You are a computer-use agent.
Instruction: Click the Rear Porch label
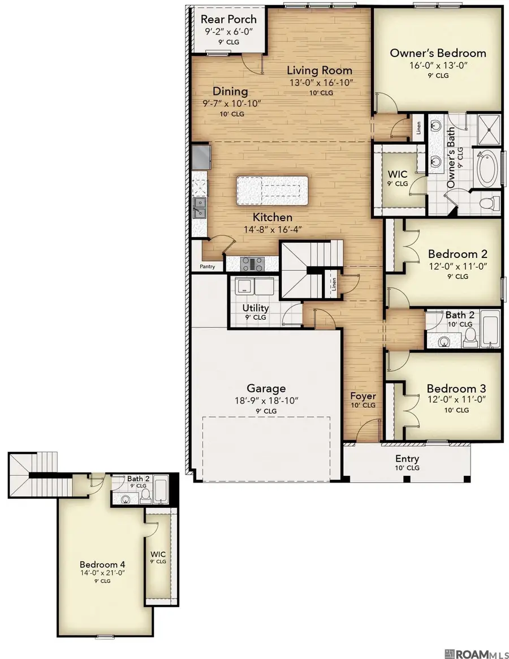(228, 19)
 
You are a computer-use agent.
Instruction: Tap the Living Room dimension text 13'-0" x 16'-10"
(321, 83)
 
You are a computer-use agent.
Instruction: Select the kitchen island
(271, 191)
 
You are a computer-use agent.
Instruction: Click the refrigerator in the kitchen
(201, 157)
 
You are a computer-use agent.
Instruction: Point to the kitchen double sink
(199, 208)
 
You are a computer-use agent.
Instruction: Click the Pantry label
(207, 266)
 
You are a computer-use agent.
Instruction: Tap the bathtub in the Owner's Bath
(487, 169)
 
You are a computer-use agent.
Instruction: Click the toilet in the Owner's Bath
(488, 204)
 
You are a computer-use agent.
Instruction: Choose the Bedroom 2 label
(458, 254)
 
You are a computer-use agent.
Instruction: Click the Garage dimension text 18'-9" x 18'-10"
(266, 400)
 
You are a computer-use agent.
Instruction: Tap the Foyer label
(363, 396)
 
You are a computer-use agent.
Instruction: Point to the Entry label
(407, 459)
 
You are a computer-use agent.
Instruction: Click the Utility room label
(255, 308)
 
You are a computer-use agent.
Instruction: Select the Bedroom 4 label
(102, 565)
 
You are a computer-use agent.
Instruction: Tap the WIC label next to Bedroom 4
(158, 554)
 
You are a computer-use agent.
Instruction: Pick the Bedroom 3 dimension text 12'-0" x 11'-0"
(456, 400)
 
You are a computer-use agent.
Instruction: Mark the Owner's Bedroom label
(438, 53)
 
